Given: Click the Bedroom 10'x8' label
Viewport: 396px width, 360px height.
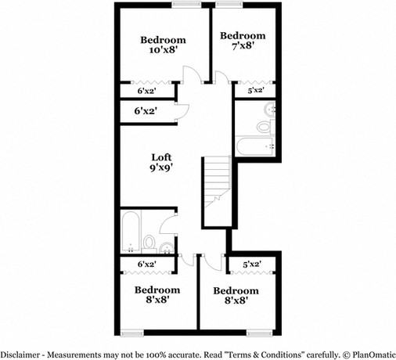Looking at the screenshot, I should (x=163, y=45).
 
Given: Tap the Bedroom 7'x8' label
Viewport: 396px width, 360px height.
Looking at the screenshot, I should (x=242, y=41).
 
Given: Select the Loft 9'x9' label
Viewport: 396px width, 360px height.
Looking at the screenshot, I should (x=162, y=160).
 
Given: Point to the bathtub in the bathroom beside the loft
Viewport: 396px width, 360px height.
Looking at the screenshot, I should (x=131, y=231).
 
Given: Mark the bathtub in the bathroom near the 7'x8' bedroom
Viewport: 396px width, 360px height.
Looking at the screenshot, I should (x=254, y=145).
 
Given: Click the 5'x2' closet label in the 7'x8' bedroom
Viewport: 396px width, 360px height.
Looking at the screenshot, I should (x=255, y=92).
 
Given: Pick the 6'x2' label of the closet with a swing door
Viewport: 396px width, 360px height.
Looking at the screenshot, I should (x=146, y=111).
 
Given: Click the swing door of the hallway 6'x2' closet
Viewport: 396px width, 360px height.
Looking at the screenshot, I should (x=179, y=111).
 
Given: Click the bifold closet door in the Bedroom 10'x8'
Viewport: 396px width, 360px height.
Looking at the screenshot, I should (x=146, y=81).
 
